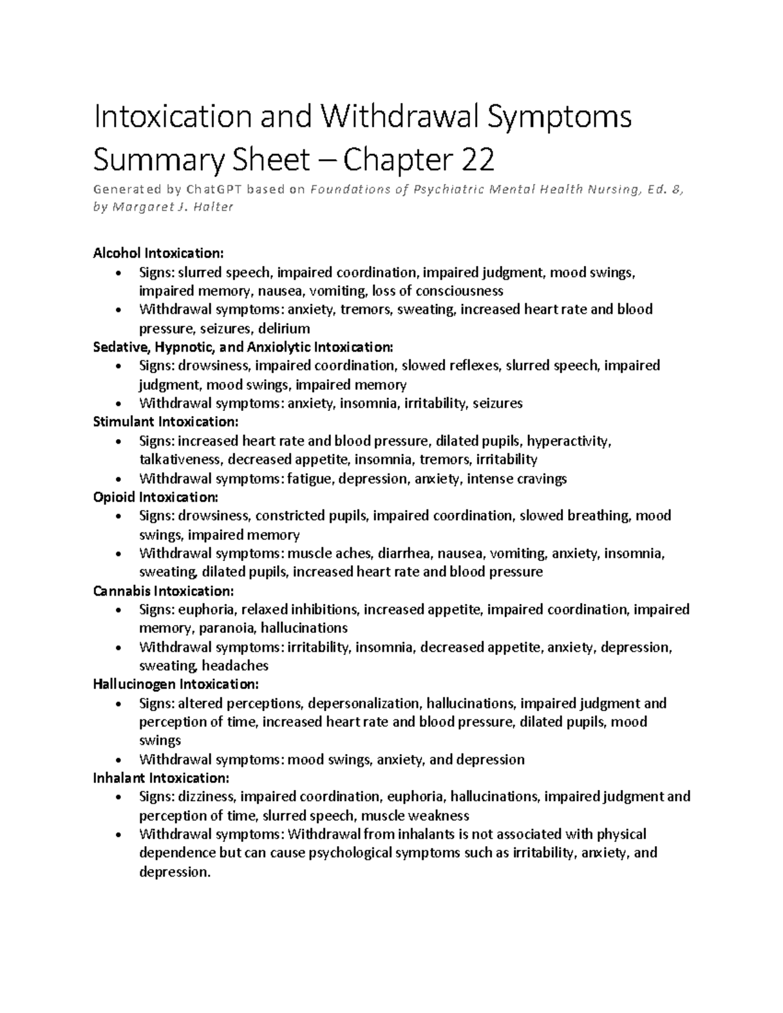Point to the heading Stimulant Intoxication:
click(x=166, y=421)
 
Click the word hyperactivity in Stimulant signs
click(x=568, y=441)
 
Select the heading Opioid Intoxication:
click(x=156, y=497)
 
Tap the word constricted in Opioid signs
click(x=287, y=516)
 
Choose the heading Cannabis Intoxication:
click(x=163, y=591)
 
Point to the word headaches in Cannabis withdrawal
click(x=235, y=666)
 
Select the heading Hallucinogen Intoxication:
click(x=176, y=684)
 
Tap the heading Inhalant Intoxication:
click(x=161, y=778)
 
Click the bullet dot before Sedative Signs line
click(x=117, y=366)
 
